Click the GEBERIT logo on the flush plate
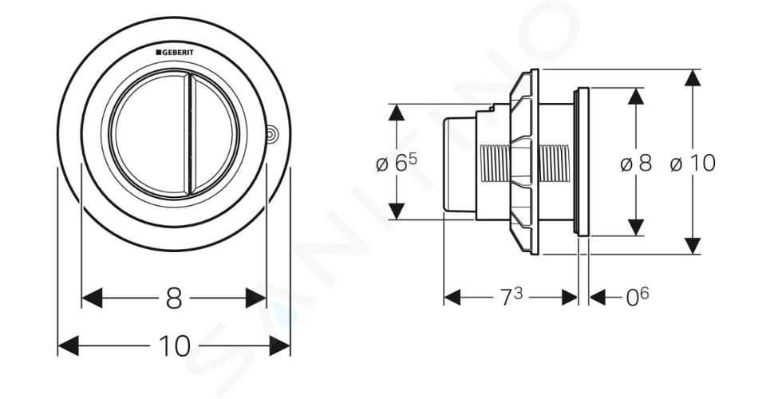(175, 52)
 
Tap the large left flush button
(148, 136)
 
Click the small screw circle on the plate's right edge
(272, 135)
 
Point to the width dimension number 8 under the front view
(173, 298)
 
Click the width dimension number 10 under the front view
(175, 346)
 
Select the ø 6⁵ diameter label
(397, 163)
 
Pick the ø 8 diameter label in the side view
(636, 163)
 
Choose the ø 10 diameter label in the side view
(693, 163)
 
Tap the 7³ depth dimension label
(511, 298)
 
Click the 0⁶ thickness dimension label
(638, 298)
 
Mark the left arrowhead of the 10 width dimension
(68, 346)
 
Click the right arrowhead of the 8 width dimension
(256, 298)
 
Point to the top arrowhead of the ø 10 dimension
(693, 78)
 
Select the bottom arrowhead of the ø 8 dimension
(636, 227)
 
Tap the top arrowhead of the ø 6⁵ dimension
(397, 113)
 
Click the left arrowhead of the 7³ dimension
(452, 297)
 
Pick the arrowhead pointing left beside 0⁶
(598, 297)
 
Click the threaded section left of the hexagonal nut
(495, 163)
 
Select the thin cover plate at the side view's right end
(583, 162)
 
